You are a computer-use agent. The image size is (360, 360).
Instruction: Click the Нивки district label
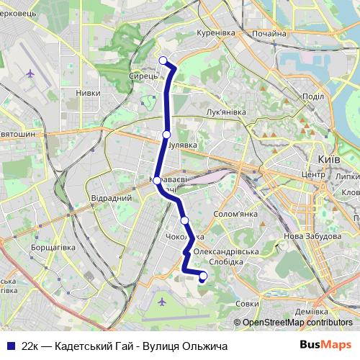point(88,92)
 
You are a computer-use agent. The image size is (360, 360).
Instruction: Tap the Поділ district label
point(313,97)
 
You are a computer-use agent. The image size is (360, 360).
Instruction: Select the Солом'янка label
point(236,214)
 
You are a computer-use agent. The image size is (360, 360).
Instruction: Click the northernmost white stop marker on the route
point(163,60)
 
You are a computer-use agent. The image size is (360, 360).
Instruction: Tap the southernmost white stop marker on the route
point(203,276)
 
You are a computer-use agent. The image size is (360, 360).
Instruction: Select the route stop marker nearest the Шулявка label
point(166,134)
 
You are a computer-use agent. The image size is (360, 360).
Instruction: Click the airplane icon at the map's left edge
point(30,73)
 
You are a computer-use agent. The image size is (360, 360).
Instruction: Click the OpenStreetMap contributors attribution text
point(297,323)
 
